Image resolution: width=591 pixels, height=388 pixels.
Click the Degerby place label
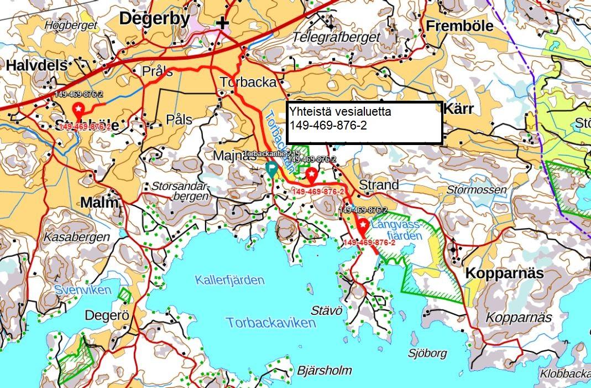(x=154, y=19)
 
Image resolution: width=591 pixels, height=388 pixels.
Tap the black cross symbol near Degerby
(x=222, y=23)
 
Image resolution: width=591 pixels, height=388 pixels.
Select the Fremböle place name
(x=459, y=26)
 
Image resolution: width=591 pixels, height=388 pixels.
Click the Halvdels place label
(x=36, y=65)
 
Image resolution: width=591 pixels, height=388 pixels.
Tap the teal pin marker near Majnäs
(x=271, y=169)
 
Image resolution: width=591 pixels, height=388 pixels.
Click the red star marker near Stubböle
(x=79, y=108)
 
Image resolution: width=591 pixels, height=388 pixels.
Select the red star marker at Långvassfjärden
(x=363, y=225)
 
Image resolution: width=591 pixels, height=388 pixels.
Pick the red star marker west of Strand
(x=312, y=175)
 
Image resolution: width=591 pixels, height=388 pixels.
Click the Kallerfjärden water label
(x=229, y=280)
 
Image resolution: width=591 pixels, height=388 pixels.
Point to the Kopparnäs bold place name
(x=504, y=273)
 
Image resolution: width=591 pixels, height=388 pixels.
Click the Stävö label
(x=323, y=309)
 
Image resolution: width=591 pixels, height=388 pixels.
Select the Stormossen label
(x=476, y=190)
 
